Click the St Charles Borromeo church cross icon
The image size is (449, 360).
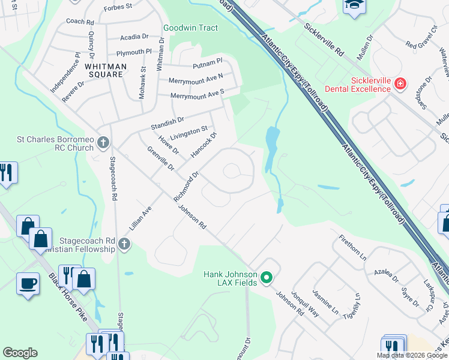tap(103, 143)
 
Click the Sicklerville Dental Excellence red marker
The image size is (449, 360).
tap(400, 85)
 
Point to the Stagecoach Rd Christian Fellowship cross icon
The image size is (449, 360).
tap(124, 244)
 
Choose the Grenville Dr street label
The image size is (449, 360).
tap(160, 157)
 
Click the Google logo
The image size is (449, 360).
tap(20, 353)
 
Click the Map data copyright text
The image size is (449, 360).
tap(412, 355)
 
